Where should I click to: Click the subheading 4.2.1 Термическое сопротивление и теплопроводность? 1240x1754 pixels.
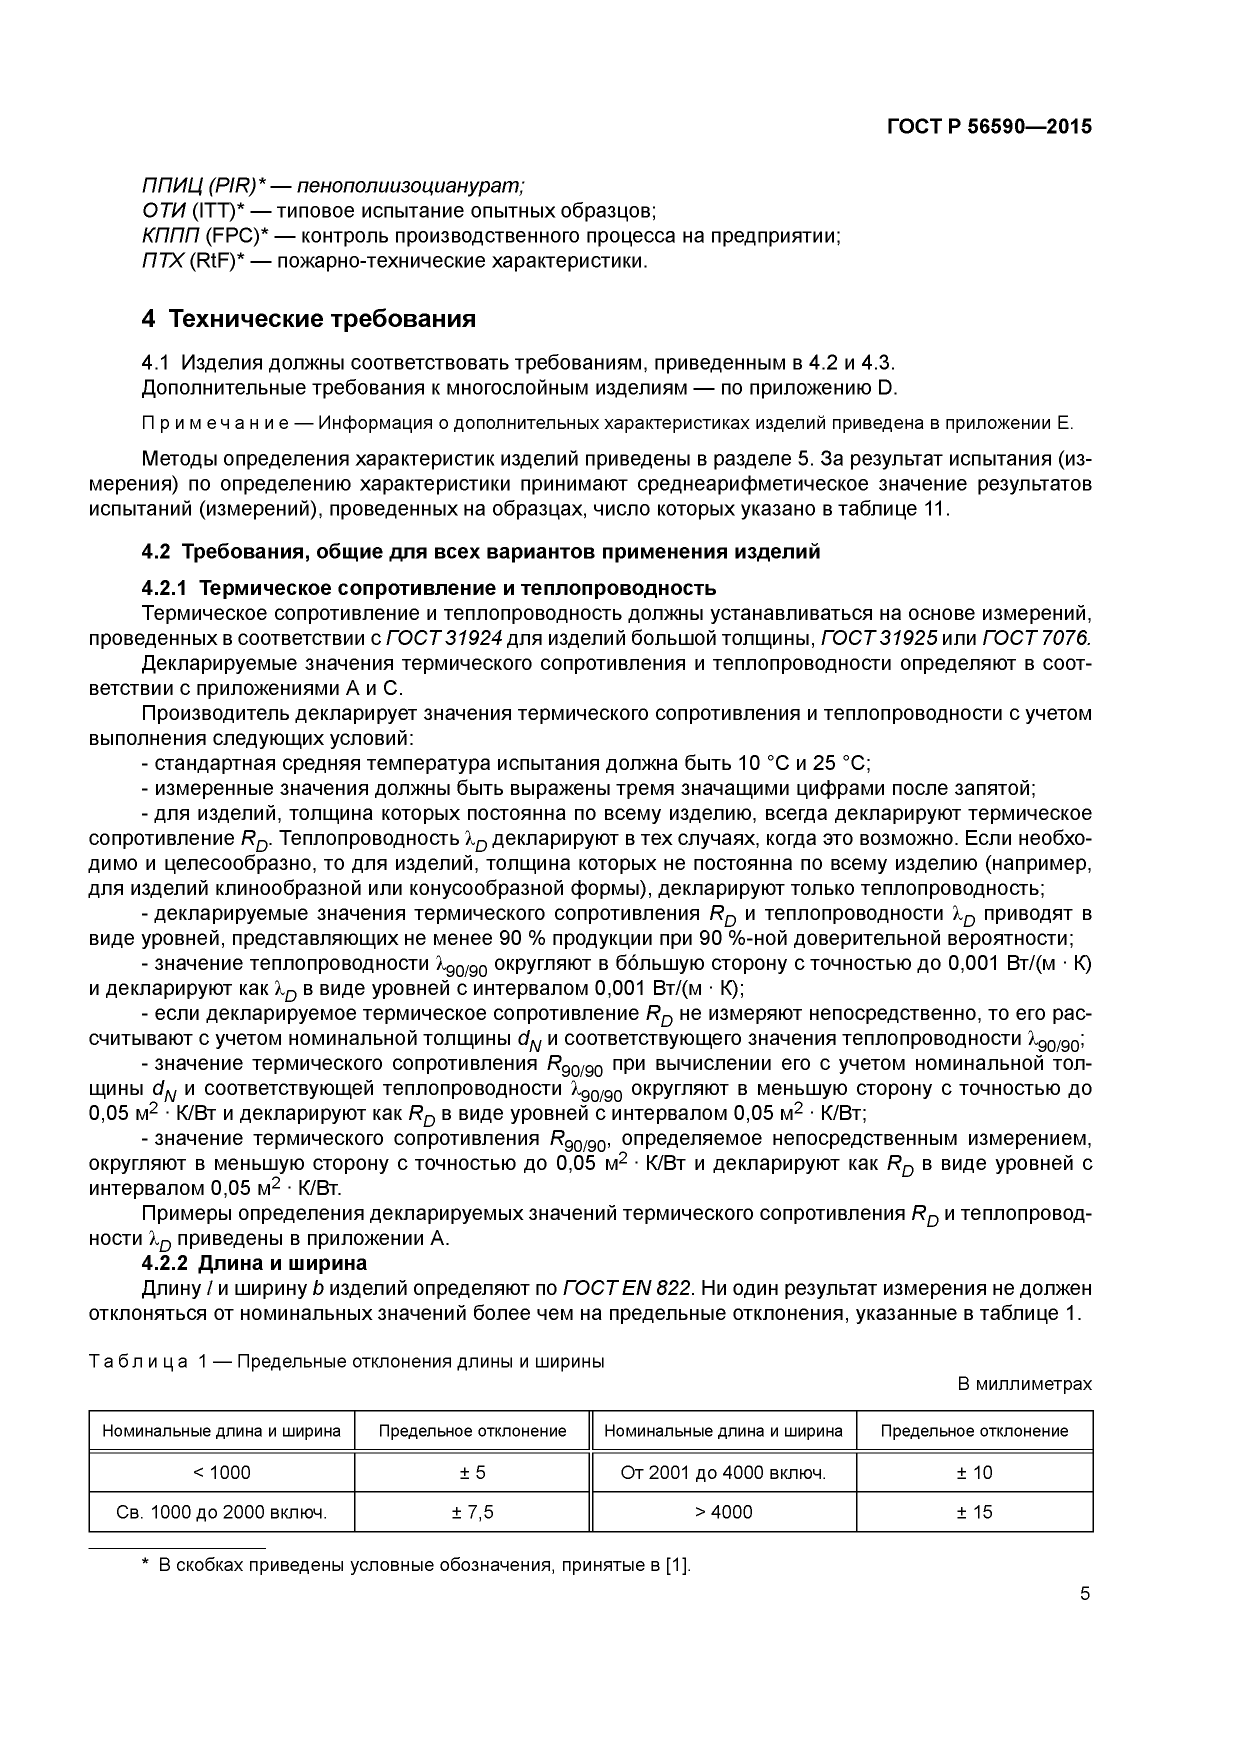[x=428, y=587]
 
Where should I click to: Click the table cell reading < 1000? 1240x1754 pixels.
[x=221, y=1472]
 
